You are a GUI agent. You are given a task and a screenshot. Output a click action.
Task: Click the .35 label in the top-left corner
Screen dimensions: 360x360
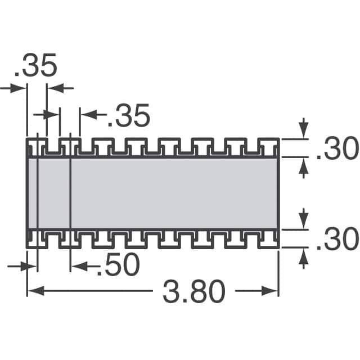(x=36, y=66)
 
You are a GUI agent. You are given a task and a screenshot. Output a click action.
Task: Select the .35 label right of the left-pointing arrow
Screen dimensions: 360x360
(x=129, y=116)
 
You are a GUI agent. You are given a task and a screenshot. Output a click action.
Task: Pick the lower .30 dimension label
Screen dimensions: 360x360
(x=337, y=241)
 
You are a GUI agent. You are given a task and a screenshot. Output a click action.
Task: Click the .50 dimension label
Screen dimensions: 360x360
(x=118, y=266)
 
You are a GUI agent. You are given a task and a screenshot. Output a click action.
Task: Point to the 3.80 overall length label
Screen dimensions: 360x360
(x=194, y=291)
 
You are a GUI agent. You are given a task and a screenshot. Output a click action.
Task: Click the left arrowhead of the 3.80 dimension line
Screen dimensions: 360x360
(x=32, y=291)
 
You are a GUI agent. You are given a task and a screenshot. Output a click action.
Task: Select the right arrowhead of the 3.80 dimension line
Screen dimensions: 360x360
(x=273, y=291)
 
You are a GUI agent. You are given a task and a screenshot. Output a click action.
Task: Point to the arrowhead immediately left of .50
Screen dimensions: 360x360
(x=78, y=266)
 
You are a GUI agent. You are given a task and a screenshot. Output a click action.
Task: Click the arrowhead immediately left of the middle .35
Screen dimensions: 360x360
(x=87, y=116)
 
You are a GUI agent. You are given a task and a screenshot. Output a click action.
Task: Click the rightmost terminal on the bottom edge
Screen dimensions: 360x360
(x=268, y=238)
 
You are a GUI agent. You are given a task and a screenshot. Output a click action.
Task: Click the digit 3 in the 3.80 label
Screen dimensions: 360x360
(x=171, y=291)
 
